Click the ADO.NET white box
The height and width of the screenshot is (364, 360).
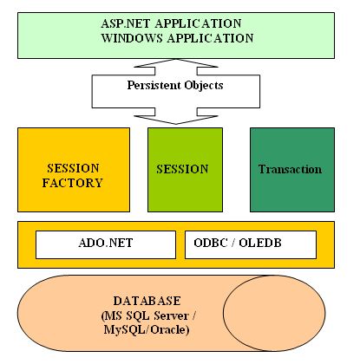point(105,244)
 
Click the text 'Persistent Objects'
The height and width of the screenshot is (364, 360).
point(176,87)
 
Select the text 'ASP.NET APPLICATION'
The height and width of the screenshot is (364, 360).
point(177,23)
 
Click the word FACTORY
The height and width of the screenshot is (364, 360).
point(73,183)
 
